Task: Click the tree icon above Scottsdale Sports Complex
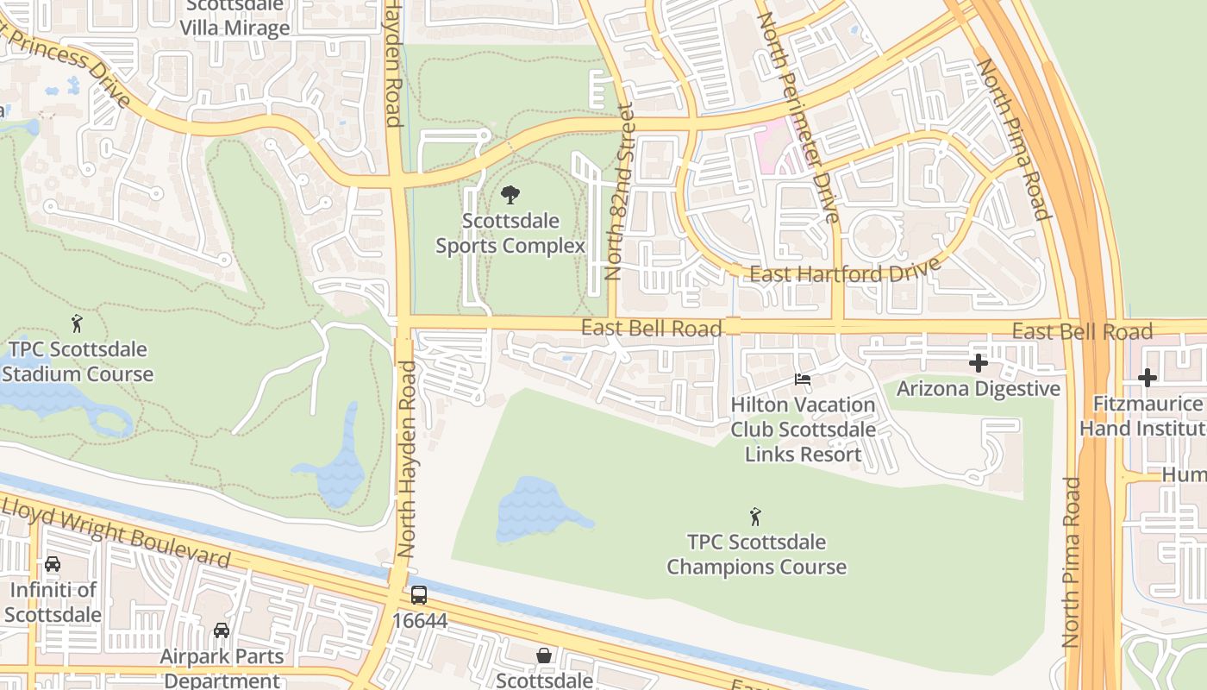(x=510, y=194)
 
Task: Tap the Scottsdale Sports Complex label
(x=510, y=234)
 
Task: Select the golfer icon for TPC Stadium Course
(x=78, y=324)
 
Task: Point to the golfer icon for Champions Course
(x=756, y=517)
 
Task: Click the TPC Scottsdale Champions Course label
(x=756, y=555)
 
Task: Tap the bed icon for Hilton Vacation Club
(x=803, y=379)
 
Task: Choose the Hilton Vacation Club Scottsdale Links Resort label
(x=803, y=430)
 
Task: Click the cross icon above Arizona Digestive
(x=979, y=363)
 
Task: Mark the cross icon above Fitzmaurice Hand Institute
(x=1147, y=378)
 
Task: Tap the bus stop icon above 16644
(x=418, y=595)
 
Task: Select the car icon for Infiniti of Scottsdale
(x=53, y=564)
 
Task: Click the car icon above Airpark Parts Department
(x=222, y=630)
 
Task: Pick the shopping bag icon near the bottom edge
(x=544, y=655)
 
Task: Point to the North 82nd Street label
(x=619, y=192)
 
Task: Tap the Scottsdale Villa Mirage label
(x=235, y=17)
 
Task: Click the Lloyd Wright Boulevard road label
(x=116, y=531)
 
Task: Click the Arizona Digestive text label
(x=979, y=389)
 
